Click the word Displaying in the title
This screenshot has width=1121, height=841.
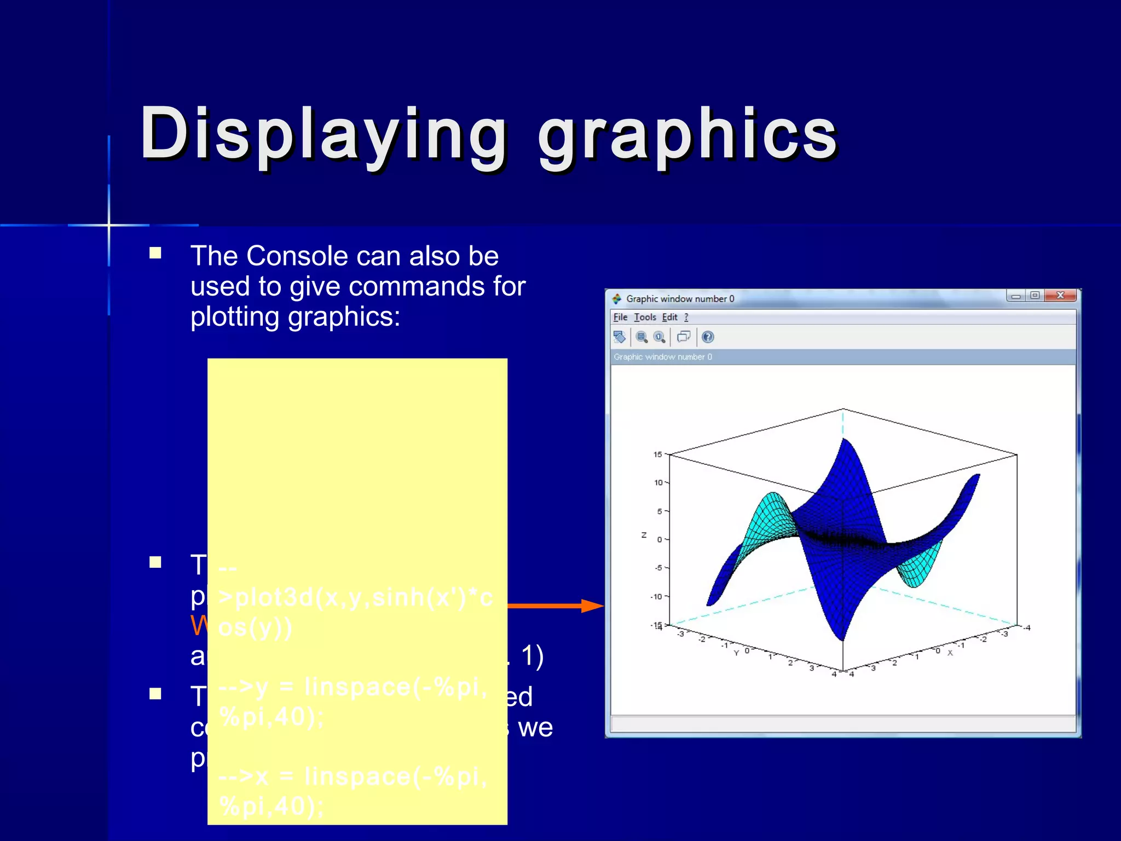tap(323, 134)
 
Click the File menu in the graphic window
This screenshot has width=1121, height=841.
tap(620, 317)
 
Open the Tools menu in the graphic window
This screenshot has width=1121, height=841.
tap(645, 317)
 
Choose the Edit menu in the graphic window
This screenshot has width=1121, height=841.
tap(669, 317)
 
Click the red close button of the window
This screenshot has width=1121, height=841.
tap(1060, 296)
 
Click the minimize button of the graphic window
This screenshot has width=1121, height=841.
tap(1016, 296)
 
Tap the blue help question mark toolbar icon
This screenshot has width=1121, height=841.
tap(708, 337)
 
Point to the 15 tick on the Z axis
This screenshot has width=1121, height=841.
tap(657, 454)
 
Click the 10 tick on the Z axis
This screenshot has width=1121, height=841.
tap(658, 482)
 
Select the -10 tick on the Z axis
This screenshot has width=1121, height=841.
tap(656, 596)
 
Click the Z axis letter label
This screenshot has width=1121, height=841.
tap(644, 535)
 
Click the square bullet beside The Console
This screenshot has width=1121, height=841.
tap(155, 253)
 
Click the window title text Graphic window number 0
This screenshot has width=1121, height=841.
tap(680, 299)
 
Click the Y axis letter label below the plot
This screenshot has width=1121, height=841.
tap(736, 653)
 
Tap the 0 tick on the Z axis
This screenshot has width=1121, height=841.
tap(659, 539)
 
